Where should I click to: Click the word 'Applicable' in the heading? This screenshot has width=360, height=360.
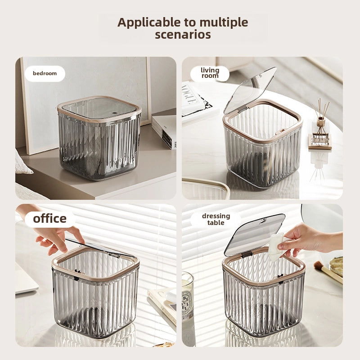(149, 23)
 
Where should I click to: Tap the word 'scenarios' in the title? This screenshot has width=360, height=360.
(183, 35)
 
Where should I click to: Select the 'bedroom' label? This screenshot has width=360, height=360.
(45, 73)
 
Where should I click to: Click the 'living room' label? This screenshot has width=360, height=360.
(210, 73)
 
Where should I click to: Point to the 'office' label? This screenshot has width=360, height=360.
(50, 219)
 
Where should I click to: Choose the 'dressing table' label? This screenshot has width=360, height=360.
(216, 219)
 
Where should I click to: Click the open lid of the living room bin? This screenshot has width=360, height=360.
(250, 90)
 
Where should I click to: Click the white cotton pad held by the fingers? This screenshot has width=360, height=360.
(276, 247)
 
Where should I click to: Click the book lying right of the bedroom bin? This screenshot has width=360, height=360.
(164, 131)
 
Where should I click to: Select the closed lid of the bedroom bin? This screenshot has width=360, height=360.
(99, 108)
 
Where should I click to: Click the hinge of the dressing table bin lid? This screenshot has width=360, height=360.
(246, 254)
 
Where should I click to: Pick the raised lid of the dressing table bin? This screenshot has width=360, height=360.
(254, 235)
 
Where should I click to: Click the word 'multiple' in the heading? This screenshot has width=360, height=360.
(224, 23)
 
